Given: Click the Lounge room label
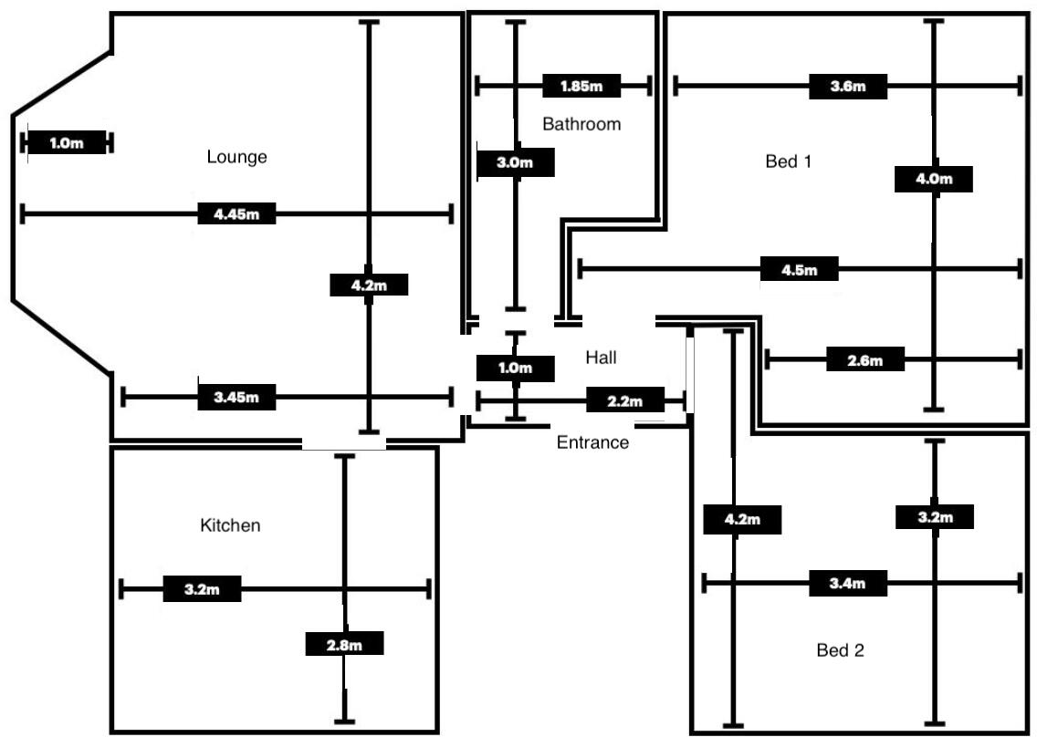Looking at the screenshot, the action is click(x=236, y=157).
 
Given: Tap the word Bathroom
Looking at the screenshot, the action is click(x=581, y=124).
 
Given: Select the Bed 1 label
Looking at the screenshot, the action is click(x=789, y=161).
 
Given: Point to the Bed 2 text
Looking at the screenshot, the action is click(x=840, y=650).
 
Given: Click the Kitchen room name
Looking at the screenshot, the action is click(x=230, y=525).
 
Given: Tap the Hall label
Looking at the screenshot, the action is click(x=602, y=358).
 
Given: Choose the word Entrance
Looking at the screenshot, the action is click(x=592, y=442).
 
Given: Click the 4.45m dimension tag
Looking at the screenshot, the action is click(x=236, y=214).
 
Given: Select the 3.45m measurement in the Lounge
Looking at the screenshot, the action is click(x=236, y=398).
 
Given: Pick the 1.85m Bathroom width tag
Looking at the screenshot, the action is click(x=581, y=86).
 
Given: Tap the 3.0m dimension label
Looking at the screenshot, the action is click(x=515, y=162).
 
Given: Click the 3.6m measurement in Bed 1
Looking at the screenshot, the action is click(x=848, y=86).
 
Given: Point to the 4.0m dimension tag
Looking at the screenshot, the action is click(x=934, y=179).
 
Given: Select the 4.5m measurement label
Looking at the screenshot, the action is click(x=799, y=270).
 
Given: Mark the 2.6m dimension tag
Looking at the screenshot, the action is click(x=865, y=360).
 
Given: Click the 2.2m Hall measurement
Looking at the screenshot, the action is click(x=625, y=400).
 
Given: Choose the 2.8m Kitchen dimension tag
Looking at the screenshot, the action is click(x=344, y=645).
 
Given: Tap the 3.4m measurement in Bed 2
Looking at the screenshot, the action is click(x=848, y=584).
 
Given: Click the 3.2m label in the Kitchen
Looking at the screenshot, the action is click(x=202, y=589).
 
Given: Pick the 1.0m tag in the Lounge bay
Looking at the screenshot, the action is click(x=67, y=143).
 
